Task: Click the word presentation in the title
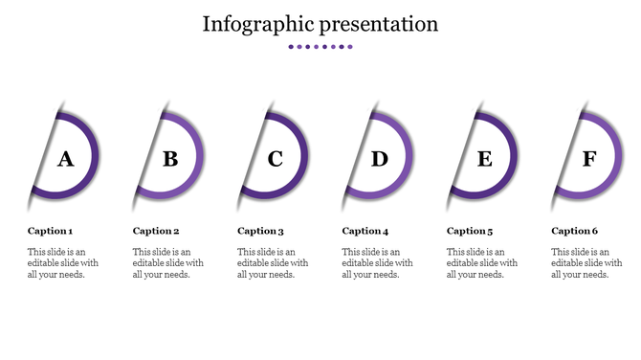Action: point(381,25)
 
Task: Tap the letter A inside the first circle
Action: point(65,159)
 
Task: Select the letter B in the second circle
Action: point(170,159)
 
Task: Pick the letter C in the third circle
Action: point(276,159)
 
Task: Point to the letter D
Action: point(380,159)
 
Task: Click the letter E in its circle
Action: point(485,159)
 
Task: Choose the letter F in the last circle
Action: point(589,159)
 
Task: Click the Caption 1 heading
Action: point(51,231)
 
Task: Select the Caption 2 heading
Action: point(156,231)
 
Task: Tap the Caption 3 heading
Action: point(261,231)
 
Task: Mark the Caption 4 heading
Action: point(365,231)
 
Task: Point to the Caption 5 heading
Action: point(471,231)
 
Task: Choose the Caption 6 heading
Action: point(575,231)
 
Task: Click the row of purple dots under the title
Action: point(320,46)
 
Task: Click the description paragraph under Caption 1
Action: point(62,262)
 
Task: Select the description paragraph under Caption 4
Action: point(377,262)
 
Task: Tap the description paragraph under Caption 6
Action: point(586,262)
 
